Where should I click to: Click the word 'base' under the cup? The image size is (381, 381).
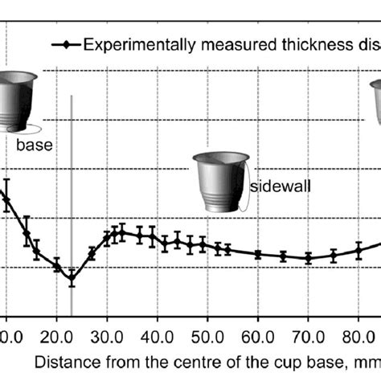pos(33,146)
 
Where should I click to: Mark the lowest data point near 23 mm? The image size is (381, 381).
pos(72,278)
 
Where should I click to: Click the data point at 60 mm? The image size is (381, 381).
pos(258,254)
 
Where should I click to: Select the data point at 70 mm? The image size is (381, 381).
pos(308,258)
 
